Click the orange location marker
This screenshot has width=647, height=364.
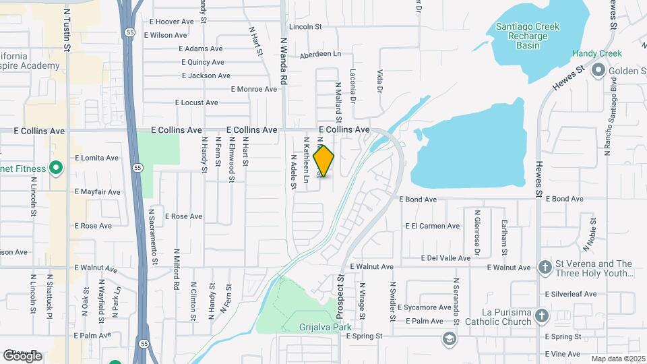(x=324, y=161)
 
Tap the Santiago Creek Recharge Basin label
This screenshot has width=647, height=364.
(x=528, y=36)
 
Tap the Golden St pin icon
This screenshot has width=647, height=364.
(x=597, y=71)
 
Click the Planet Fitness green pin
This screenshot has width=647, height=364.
(x=57, y=169)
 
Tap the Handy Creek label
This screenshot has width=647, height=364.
(x=596, y=53)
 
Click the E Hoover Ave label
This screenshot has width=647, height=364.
(x=181, y=22)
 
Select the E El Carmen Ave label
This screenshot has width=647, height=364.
(x=431, y=226)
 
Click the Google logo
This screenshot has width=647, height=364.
(x=22, y=355)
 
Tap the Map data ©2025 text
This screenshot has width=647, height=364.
(x=618, y=359)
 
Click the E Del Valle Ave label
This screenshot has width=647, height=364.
(x=445, y=258)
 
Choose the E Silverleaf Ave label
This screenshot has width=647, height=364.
(x=572, y=294)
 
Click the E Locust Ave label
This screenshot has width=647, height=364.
(x=197, y=102)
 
